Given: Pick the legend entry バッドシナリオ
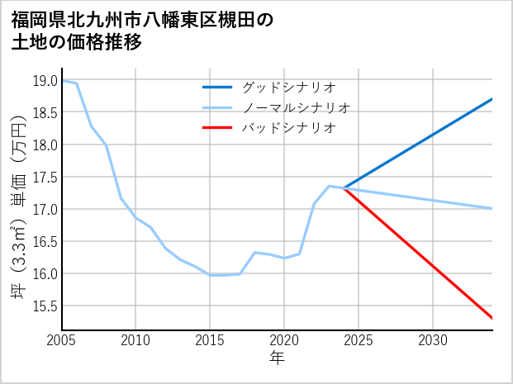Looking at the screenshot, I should (x=288, y=128).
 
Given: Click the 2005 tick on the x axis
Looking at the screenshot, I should (x=62, y=340).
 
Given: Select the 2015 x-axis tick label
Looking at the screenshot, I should (x=210, y=340).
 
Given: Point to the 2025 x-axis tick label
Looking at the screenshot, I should (x=359, y=340).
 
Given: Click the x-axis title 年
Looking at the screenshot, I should (x=278, y=359).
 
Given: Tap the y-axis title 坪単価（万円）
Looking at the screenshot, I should (x=17, y=206).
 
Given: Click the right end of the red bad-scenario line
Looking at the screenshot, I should (x=492, y=318).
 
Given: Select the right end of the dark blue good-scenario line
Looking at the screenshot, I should (x=492, y=99).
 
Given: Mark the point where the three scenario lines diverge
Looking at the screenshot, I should (x=344, y=188).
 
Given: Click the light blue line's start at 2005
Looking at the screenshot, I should (x=63, y=81).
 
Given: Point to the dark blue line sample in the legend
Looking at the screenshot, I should (x=218, y=87).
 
